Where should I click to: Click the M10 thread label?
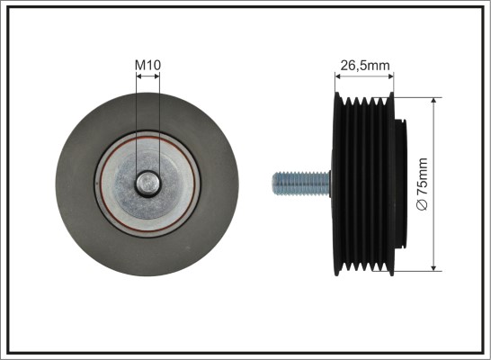pos(147,65)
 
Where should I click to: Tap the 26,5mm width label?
pos(365,66)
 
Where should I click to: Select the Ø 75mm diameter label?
pos(422,184)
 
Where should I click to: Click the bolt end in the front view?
pos(147,184)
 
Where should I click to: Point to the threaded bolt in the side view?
pos(301,184)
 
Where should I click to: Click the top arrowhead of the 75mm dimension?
pos(433,100)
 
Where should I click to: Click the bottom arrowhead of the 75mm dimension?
pos(433,268)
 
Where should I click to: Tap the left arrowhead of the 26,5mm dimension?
pos(337,76)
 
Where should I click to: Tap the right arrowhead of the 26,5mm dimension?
pos(391,76)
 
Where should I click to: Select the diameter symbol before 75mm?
pos(422,205)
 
